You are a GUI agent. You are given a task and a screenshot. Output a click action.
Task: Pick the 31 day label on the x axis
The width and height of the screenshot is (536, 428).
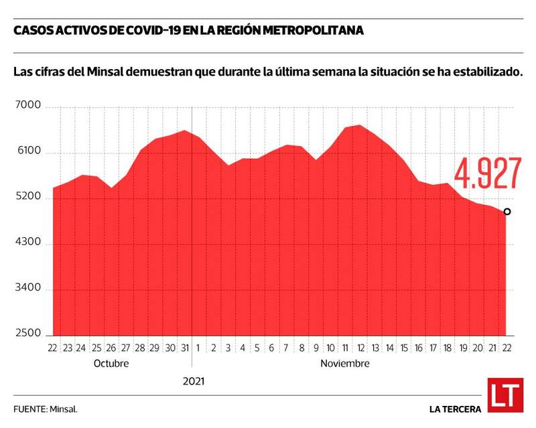[184, 348]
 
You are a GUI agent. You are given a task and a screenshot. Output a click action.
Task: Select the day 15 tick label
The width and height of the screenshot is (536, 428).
[403, 348]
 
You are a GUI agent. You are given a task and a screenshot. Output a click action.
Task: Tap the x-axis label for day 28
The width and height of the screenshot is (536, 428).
[140, 348]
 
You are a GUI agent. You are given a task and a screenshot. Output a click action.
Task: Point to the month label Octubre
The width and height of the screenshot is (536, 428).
[111, 364]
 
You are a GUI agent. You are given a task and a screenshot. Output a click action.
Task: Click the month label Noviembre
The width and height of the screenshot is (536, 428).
[345, 364]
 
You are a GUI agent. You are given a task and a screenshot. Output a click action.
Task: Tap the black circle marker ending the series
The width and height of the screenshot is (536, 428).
[507, 212]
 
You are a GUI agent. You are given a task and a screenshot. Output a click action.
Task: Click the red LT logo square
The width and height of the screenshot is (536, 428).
[504, 395]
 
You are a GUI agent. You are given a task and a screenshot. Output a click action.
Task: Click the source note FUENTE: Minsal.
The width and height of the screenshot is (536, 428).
[45, 408]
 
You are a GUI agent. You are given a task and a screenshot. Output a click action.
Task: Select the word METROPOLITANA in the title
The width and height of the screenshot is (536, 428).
[314, 31]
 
